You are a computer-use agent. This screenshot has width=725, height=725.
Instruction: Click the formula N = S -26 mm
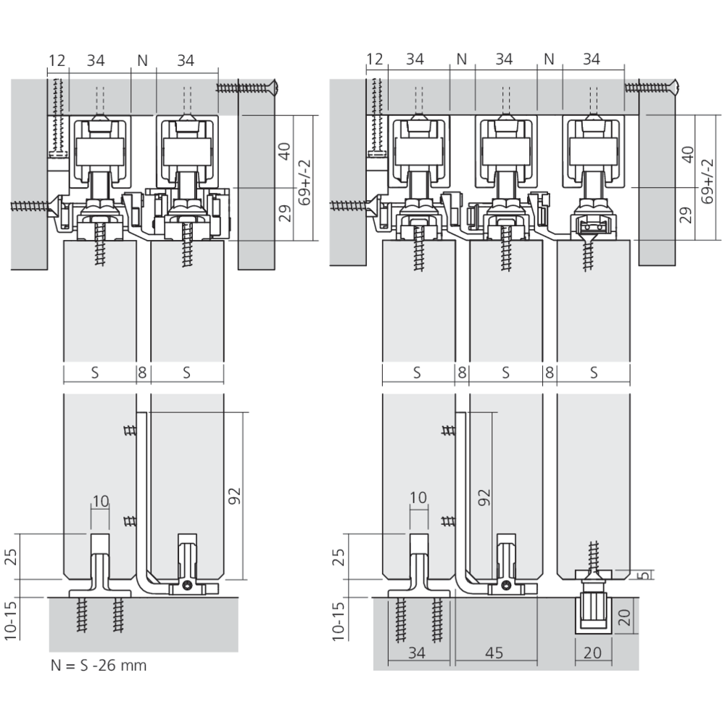coord(99,666)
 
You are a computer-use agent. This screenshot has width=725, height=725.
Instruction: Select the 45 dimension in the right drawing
coord(494,653)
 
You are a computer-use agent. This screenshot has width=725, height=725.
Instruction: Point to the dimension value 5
coord(646,575)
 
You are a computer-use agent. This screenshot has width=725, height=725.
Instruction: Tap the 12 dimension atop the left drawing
coord(57,60)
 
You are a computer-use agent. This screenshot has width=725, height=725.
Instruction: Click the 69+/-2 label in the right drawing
coord(707,181)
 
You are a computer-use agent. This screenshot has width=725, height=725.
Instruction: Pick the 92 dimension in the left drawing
coord(235,496)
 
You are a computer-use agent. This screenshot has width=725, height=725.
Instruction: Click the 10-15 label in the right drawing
coord(339,621)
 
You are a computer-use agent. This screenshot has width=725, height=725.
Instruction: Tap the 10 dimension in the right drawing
coord(418,497)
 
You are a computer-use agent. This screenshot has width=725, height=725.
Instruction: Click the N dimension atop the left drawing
coord(142,60)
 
